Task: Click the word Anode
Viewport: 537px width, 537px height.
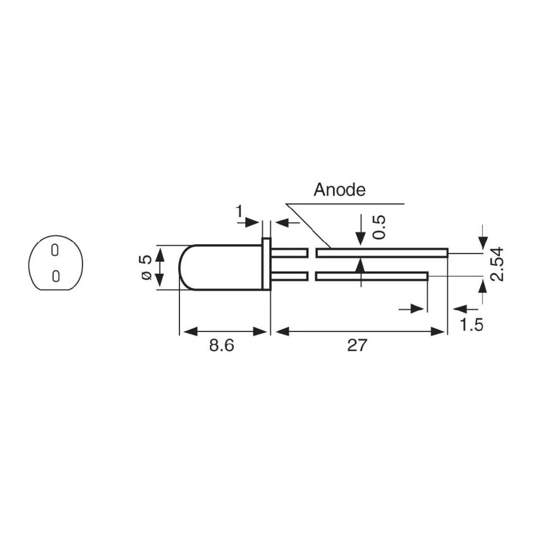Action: click(339, 190)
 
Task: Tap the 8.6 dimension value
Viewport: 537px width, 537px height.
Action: click(222, 345)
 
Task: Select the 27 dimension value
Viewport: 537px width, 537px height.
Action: click(357, 345)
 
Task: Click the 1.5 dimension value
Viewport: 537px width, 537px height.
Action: click(471, 325)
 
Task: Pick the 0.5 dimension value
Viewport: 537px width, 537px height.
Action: click(379, 227)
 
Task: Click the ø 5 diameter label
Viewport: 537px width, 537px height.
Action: click(145, 267)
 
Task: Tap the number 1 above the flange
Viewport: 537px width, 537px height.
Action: click(240, 213)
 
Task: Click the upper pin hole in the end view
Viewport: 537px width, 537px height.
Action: click(54, 250)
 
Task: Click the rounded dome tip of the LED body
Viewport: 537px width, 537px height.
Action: click(183, 267)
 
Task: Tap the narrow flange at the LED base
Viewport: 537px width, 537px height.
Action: click(266, 264)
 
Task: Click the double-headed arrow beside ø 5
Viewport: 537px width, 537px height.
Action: click(159, 267)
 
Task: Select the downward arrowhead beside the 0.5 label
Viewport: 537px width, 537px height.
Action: click(360, 237)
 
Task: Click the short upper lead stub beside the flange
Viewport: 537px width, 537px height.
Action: click(289, 252)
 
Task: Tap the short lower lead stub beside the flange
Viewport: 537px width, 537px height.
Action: click(289, 276)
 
